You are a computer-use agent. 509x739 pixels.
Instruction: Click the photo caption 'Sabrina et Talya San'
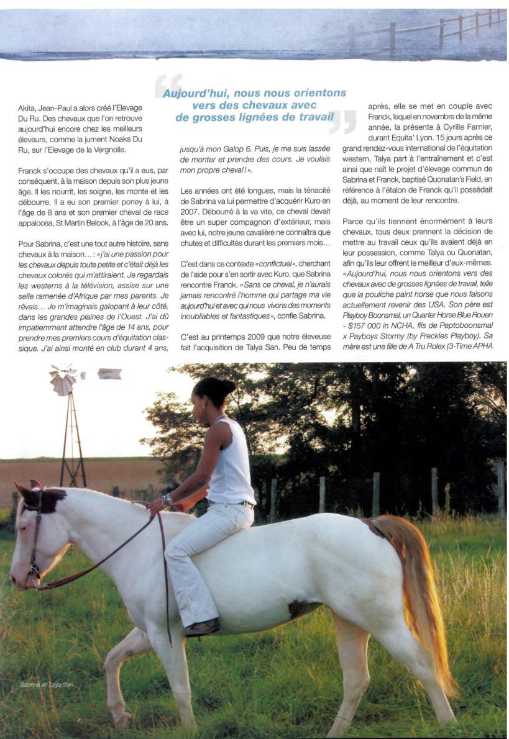coord(46,684)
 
